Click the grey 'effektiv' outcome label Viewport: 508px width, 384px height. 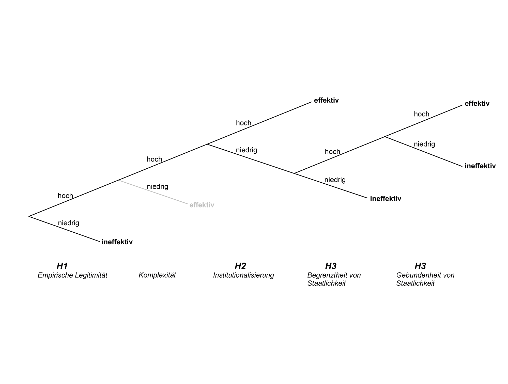pyautogui.click(x=202, y=205)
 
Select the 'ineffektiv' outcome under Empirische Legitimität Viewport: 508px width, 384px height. pyautogui.click(x=117, y=242)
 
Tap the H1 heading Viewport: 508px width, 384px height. pyautogui.click(x=62, y=266)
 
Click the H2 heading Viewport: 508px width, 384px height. pyautogui.click(x=240, y=266)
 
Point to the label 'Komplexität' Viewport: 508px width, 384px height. pyautogui.click(x=157, y=275)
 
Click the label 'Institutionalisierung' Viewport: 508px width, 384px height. pyautogui.click(x=243, y=275)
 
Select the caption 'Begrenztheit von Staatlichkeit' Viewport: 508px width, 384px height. pyautogui.click(x=334, y=279)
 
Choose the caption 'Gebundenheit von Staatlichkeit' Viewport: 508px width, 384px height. pyautogui.click(x=425, y=279)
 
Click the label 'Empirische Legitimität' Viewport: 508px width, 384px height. pyautogui.click(x=72, y=275)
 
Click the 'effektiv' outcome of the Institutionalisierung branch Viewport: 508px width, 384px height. pyautogui.click(x=326, y=100)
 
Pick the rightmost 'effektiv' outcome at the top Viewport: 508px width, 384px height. pyautogui.click(x=477, y=104)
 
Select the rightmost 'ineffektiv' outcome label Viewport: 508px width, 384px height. pyautogui.click(x=480, y=166)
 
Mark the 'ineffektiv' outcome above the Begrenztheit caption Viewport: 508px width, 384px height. pyautogui.click(x=386, y=199)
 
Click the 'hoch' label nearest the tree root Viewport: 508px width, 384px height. pyautogui.click(x=65, y=196)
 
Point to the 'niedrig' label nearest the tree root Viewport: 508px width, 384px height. pyautogui.click(x=69, y=223)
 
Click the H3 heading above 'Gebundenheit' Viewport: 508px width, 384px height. pyautogui.click(x=420, y=266)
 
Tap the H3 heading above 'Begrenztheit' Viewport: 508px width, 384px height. pyautogui.click(x=331, y=266)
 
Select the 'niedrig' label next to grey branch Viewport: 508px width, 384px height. pyautogui.click(x=158, y=187)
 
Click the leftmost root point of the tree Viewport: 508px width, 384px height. pyautogui.click(x=29, y=216)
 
